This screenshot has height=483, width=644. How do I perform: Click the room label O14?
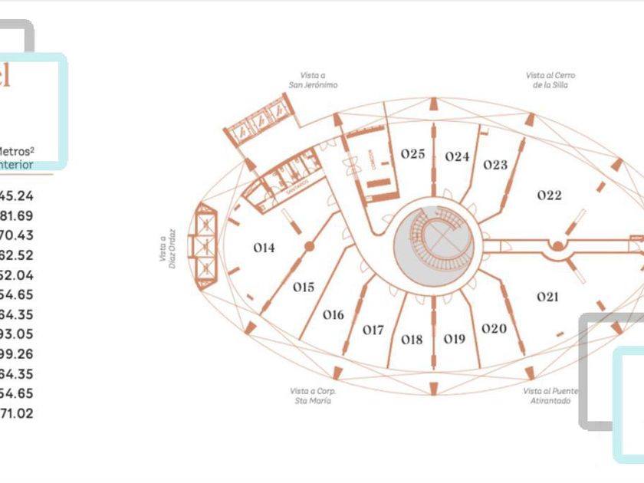click(x=264, y=248)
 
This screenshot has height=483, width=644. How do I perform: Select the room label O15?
click(x=304, y=287)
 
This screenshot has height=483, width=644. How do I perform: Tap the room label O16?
click(x=333, y=314)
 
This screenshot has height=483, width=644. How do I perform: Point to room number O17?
click(x=373, y=330)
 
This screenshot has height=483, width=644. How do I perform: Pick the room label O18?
click(x=412, y=340)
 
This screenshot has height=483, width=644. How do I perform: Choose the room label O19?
click(x=455, y=339)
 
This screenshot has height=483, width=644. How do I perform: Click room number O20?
click(x=495, y=329)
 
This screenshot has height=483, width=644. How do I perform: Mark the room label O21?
click(x=547, y=297)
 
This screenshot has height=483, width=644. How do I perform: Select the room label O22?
click(x=549, y=195)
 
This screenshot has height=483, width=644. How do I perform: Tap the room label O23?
click(x=495, y=165)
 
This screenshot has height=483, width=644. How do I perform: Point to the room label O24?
click(x=457, y=156)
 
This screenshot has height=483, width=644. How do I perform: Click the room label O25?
click(x=412, y=154)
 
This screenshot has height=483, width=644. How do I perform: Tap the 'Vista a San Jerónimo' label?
click(x=313, y=80)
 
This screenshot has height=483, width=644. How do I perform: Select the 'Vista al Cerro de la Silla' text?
click(x=550, y=80)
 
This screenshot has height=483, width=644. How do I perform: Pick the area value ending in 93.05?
click(x=17, y=334)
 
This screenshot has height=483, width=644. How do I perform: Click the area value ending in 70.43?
click(x=17, y=235)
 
